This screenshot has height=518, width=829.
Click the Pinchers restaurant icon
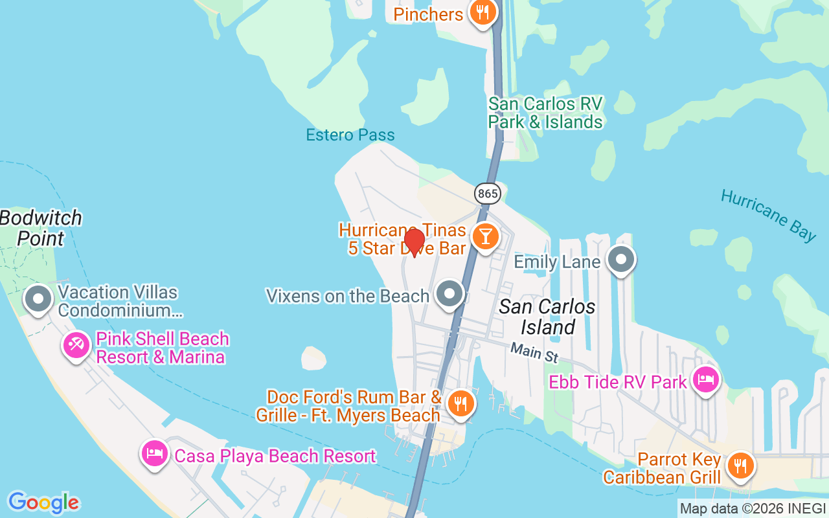click(482, 12)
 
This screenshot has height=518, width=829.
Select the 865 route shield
click(487, 193)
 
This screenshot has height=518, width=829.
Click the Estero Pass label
click(350, 135)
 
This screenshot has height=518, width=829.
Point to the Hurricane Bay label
click(768, 215)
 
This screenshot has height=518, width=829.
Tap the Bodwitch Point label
click(41, 228)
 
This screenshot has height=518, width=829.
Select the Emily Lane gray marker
click(621, 259)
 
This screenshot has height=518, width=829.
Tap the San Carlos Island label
click(547, 317)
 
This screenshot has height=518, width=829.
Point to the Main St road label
click(534, 353)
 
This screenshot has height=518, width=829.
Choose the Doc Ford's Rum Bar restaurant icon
click(460, 403)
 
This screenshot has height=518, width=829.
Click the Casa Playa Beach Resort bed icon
click(155, 453)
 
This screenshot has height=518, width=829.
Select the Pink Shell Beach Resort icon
click(76, 344)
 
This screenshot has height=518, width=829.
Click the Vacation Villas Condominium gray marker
click(38, 299)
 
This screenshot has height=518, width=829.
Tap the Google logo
click(43, 502)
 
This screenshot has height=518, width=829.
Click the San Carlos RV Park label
click(545, 113)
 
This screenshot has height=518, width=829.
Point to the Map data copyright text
click(753, 509)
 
